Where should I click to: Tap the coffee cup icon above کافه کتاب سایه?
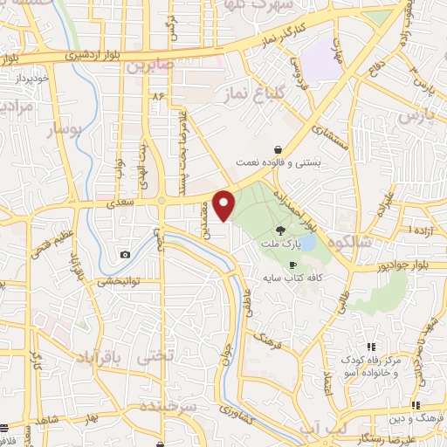point(292,265)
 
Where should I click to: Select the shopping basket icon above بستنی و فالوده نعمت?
point(277,148)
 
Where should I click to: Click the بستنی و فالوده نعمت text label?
point(277,162)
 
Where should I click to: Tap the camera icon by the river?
point(126,254)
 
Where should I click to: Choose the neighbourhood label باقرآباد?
point(100,356)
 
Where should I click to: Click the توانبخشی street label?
point(120,281)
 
